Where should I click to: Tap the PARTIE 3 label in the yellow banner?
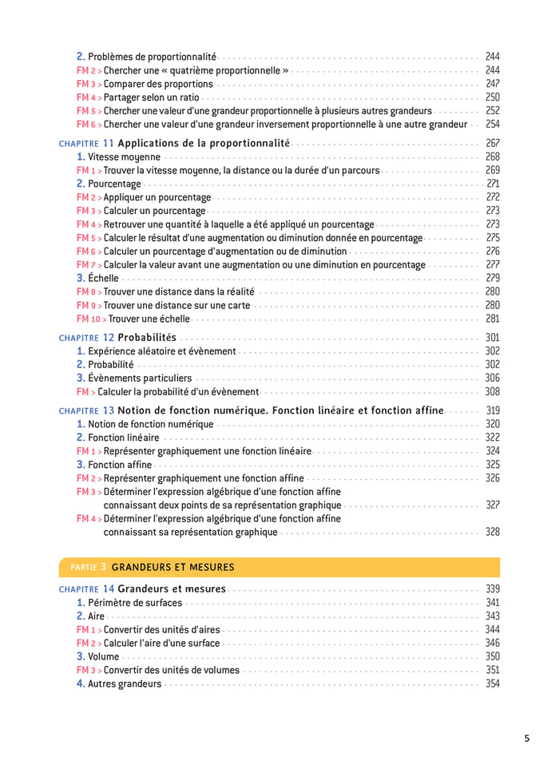pyautogui.click(x=88, y=567)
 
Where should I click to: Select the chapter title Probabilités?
pyautogui.click(x=147, y=338)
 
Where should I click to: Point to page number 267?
pyautogui.click(x=492, y=143)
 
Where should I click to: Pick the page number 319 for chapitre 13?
pyautogui.click(x=492, y=410)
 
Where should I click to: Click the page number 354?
pyautogui.click(x=492, y=684)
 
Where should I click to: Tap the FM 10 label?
pyautogui.click(x=90, y=319)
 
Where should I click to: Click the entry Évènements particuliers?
pyautogui.click(x=140, y=378)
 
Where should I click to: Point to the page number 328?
pyautogui.click(x=492, y=532)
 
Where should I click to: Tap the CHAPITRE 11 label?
pyautogui.click(x=86, y=143)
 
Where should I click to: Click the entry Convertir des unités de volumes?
pyautogui.click(x=171, y=670)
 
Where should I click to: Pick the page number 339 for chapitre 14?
pyautogui.click(x=492, y=589)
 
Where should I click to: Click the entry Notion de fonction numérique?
pyautogui.click(x=150, y=424)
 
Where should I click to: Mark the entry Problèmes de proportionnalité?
pyautogui.click(x=152, y=57)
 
